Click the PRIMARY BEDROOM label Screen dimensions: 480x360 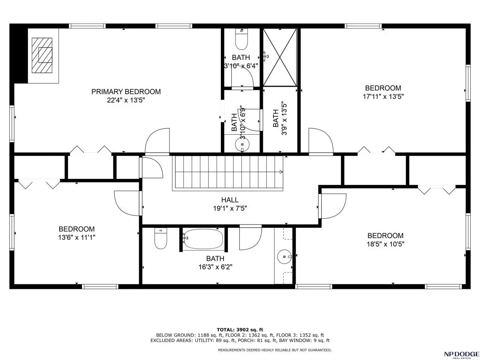coord(126,91)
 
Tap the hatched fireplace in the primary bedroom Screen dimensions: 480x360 coord(42,55)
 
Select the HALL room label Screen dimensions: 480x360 coord(230,200)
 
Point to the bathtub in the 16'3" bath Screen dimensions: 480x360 coord(203,239)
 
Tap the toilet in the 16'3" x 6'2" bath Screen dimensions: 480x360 coord(161,238)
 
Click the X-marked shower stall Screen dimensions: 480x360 coord(280,57)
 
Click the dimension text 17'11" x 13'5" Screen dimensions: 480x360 coord(383,96)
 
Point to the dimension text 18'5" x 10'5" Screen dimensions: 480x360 coord(385,244)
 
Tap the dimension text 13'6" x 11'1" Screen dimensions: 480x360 coord(76,237)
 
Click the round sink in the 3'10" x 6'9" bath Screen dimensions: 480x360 coord(242,144)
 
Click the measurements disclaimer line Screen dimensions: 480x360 coord(274,350)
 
